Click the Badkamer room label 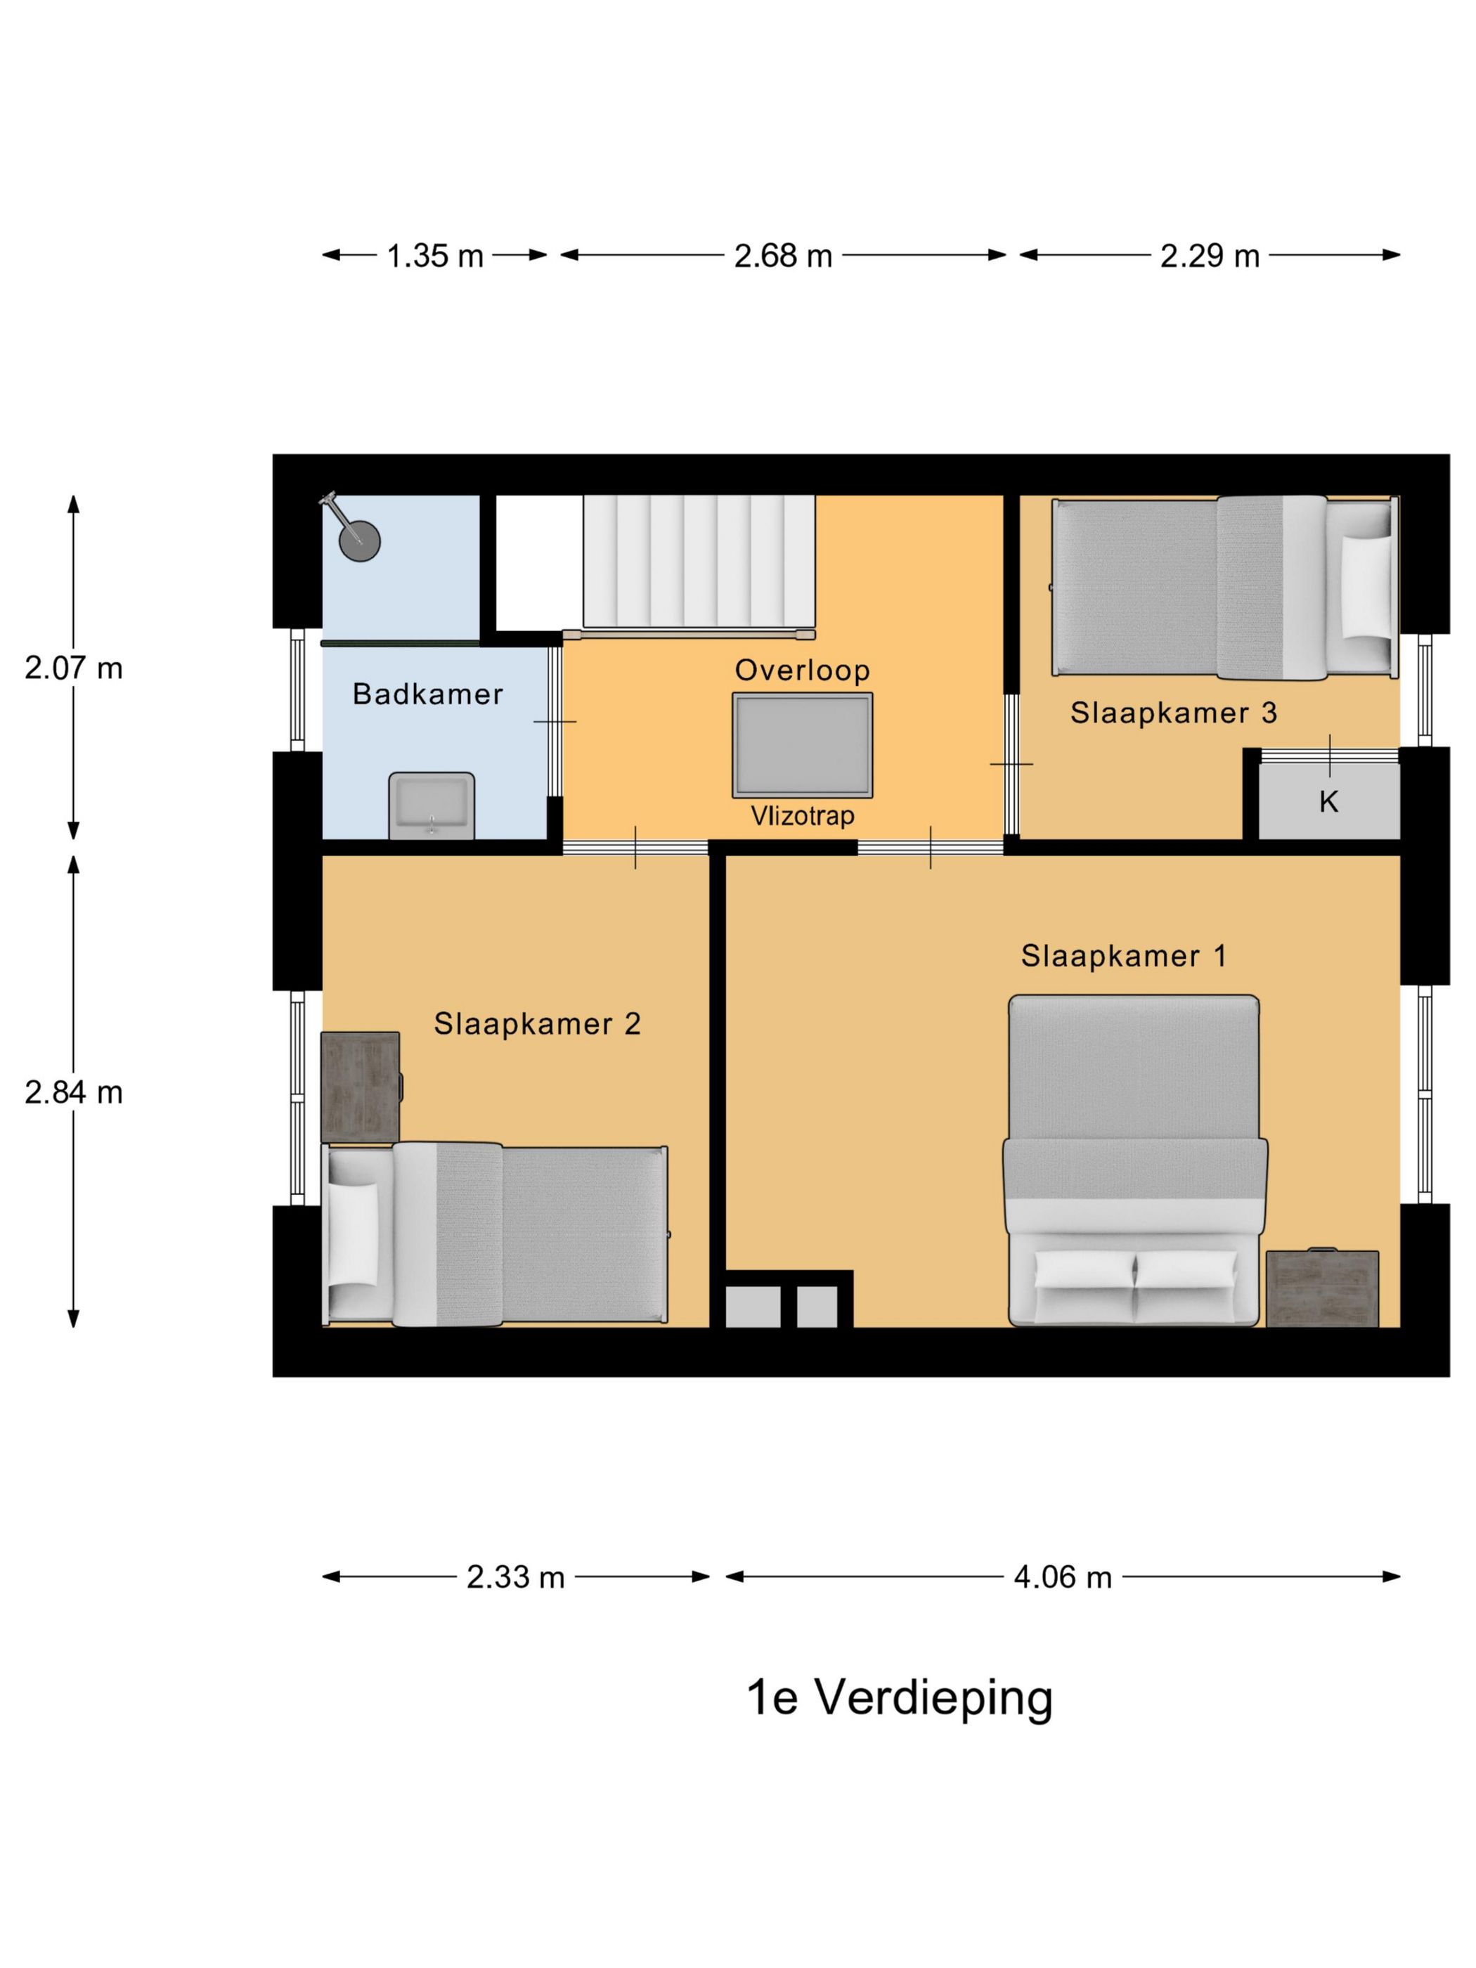tap(427, 694)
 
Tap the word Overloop tap(802, 671)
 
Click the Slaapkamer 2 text tap(536, 1024)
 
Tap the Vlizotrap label tap(803, 816)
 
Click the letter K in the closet tap(1328, 802)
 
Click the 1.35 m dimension tap(434, 257)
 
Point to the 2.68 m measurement tap(783, 257)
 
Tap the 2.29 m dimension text tap(1209, 257)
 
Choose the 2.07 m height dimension tap(73, 668)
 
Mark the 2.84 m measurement tap(73, 1092)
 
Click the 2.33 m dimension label tap(515, 1577)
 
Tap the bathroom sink tap(432, 805)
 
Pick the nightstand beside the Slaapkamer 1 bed tap(1322, 1288)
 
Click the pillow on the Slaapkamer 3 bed tap(1366, 585)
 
